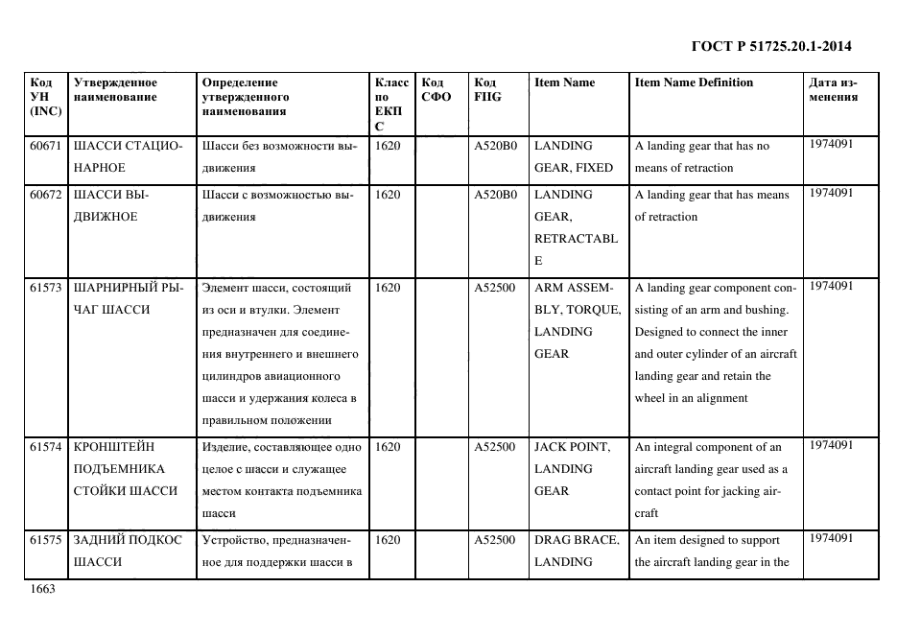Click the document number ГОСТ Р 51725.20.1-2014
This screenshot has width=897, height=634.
pos(771,46)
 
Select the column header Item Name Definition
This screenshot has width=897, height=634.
pos(694,82)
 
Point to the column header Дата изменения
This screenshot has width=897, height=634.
pos(833,89)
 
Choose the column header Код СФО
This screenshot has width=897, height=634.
pos(437,89)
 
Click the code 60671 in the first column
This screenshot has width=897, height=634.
pos(46,146)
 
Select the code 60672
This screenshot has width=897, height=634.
pos(46,194)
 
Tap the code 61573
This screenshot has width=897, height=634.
pos(46,287)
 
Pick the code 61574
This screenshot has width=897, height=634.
pos(46,447)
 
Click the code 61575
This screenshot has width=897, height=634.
pos(46,540)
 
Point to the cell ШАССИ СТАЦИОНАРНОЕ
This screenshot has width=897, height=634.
pos(127,156)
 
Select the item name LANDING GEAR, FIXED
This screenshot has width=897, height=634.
pos(573,156)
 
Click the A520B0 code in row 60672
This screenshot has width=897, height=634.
pos(496,194)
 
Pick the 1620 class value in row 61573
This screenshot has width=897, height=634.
pos(388,287)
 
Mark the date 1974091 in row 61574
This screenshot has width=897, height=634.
pos(832,445)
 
